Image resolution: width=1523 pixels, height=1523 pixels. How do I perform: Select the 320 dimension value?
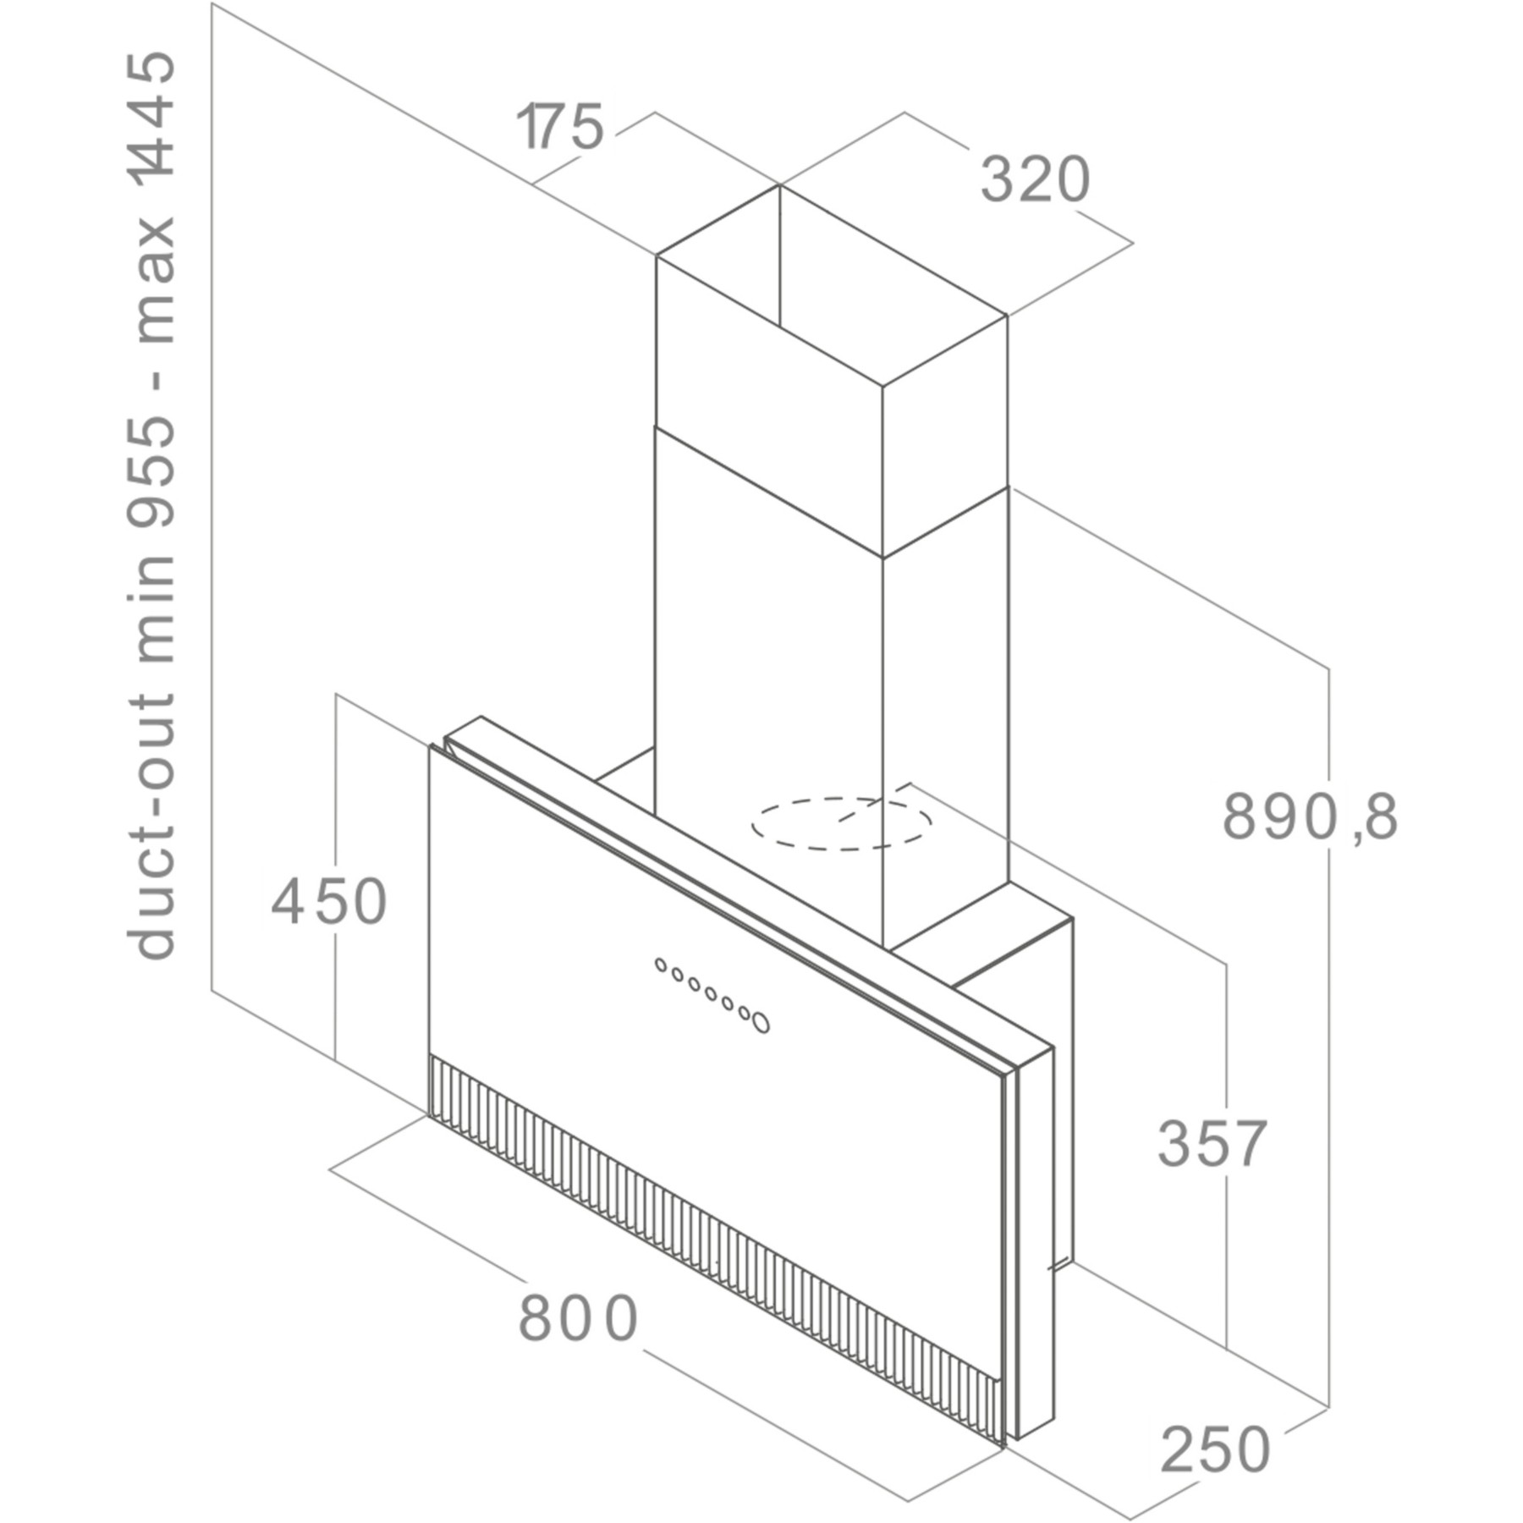coord(1036,179)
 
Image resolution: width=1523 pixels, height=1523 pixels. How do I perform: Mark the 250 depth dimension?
coord(1215,1449)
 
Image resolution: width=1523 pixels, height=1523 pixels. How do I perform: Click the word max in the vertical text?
coord(154,280)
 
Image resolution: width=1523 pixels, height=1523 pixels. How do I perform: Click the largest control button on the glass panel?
coord(761,1022)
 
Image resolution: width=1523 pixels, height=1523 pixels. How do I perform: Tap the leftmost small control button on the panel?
coord(660,965)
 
